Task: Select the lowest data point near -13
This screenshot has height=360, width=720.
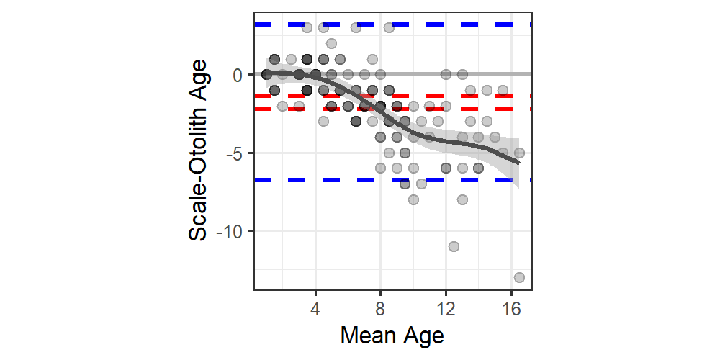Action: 519,277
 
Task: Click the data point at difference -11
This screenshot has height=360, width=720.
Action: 454,246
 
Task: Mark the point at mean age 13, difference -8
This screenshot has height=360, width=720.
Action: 462,199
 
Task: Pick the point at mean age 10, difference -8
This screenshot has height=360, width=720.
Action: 413,199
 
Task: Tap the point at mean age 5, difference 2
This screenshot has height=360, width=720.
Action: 331,43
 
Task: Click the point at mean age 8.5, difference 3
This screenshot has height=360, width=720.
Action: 389,28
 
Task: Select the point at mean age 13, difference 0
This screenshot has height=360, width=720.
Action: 462,74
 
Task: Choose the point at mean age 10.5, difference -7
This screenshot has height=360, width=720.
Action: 421,184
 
